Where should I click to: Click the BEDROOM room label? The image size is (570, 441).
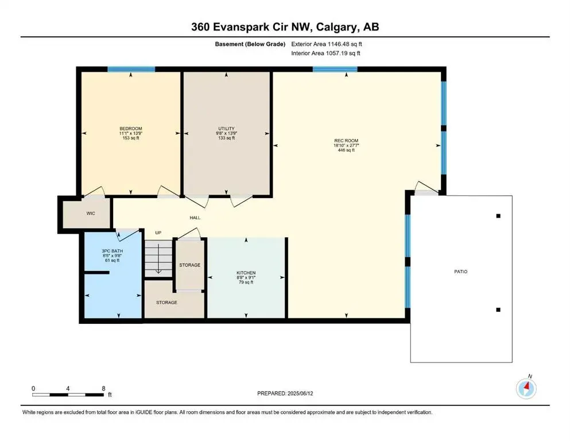pos(131,129)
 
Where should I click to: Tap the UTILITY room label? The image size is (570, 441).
pos(226,129)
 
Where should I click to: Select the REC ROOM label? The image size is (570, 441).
pos(346,141)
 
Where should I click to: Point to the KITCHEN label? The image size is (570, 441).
pos(246,273)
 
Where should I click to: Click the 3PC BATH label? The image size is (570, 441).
pos(113,251)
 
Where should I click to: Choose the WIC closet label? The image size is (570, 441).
pos(91,214)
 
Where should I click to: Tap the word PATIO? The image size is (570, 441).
pos(461,272)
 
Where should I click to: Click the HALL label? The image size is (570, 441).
pos(195,218)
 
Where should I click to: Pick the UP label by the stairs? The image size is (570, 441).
pos(158,233)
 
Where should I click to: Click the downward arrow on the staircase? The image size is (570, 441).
pos(158,259)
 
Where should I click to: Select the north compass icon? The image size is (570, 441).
pos(526,388)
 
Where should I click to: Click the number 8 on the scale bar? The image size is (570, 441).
pos(103,388)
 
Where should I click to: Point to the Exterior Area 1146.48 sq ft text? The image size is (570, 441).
pos(327,44)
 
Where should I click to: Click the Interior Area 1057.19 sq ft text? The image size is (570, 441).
pos(325,53)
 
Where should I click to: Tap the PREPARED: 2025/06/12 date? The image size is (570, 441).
pos(285,393)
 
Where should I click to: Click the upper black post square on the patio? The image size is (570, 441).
pos(498,216)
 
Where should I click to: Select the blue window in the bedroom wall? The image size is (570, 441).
pos(131,69)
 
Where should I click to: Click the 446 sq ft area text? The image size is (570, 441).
pos(346,150)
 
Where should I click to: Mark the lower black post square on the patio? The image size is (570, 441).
pos(498,310)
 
